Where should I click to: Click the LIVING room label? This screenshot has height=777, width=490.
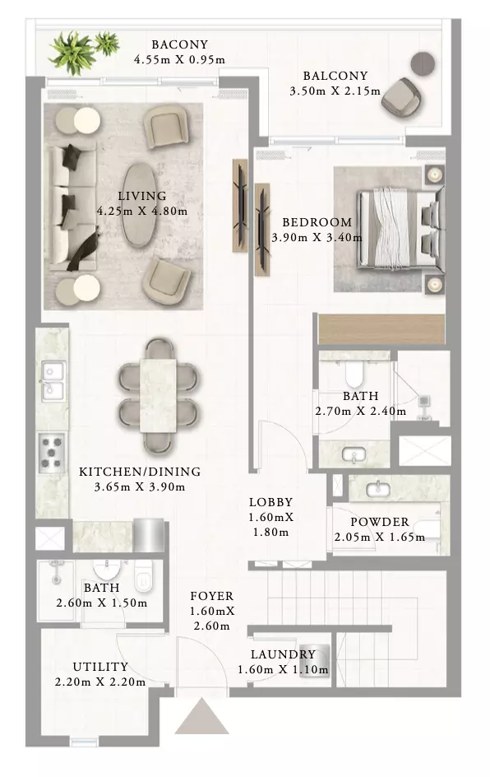click(x=141, y=196)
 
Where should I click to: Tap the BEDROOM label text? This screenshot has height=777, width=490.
click(x=317, y=222)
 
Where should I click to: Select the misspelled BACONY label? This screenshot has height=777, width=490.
click(x=179, y=44)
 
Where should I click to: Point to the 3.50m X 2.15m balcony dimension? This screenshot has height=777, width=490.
click(x=335, y=91)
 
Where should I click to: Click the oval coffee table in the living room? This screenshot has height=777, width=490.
click(x=139, y=205)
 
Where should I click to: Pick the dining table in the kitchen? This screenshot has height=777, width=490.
click(x=158, y=395)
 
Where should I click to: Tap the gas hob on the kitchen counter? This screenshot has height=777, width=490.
click(x=52, y=451)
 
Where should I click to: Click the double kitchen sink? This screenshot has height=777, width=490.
click(x=53, y=381)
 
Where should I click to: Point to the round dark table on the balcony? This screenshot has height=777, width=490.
click(x=423, y=63)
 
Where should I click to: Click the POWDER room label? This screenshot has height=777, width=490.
click(x=380, y=522)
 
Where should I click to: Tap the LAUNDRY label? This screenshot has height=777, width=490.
click(x=283, y=654)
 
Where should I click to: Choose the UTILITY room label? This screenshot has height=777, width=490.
click(x=100, y=667)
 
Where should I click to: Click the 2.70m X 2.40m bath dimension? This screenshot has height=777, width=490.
click(x=360, y=412)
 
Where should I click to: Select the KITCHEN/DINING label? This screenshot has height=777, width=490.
click(x=140, y=472)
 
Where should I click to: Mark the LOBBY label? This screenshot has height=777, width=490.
click(x=270, y=502)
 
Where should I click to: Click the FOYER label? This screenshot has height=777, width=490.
click(x=211, y=596)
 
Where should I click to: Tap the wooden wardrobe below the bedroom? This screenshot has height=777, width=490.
click(x=381, y=328)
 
